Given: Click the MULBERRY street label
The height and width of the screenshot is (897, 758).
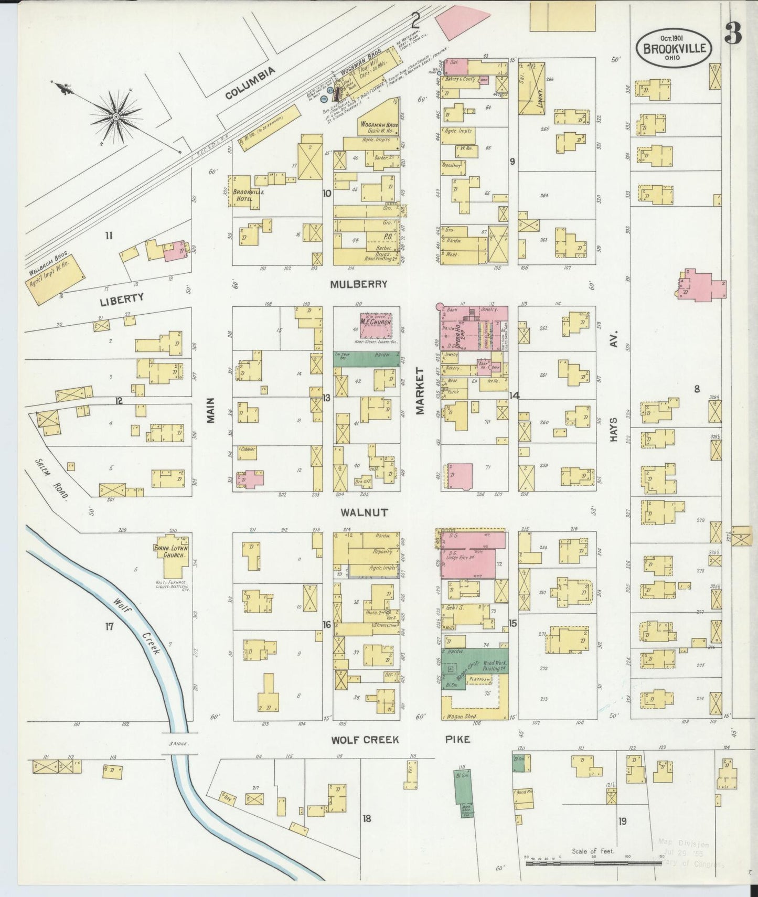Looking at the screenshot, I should coord(359,284).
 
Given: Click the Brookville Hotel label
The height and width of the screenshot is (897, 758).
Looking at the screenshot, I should coord(249,196).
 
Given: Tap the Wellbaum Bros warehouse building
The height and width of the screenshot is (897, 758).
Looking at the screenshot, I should coord(56,280).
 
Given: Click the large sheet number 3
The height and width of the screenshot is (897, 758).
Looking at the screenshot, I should coord(732,34).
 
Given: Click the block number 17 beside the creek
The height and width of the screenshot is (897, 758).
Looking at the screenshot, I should coord(109,625).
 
